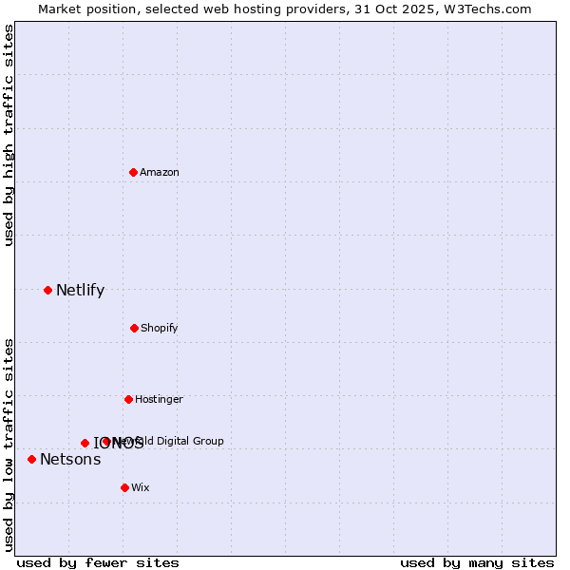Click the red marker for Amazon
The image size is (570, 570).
coord(134,172)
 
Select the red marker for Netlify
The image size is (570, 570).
coord(47,290)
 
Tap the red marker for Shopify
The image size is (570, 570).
coord(134,328)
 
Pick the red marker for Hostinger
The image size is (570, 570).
coord(128,399)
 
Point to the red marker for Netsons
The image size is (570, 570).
coord(31,459)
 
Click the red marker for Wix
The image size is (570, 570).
coord(124,487)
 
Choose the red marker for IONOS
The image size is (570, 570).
coord(85,443)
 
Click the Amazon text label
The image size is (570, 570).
coord(160,172)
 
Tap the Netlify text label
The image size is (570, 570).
coord(80,290)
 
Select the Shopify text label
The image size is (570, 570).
coord(160,328)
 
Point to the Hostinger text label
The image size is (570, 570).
coord(159,399)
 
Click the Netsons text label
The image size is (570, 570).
coord(70,460)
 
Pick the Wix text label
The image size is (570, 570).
coord(141,487)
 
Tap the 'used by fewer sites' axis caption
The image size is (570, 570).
coord(98,562)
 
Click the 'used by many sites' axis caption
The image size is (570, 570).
coord(477,562)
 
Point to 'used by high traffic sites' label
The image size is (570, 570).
coord(9,135)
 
